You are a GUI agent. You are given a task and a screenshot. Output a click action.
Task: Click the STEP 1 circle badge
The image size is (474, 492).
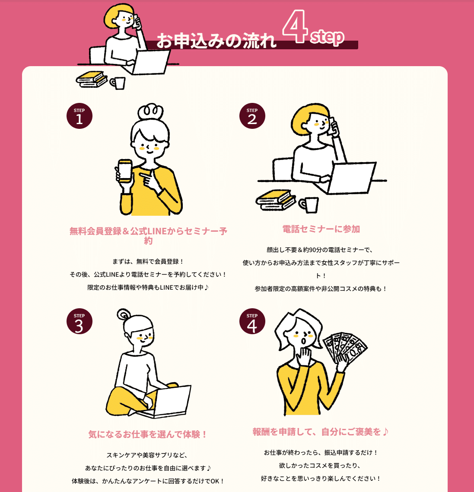coord(80,116)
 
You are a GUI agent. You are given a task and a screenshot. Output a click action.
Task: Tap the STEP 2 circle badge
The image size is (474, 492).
coord(252,116)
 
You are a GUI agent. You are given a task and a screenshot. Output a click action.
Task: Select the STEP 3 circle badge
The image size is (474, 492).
coord(80,321)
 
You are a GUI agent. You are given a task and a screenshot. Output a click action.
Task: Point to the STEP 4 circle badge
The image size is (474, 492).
coord(252,321)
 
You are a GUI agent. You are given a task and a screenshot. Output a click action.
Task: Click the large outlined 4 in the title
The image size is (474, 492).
coord(294,26)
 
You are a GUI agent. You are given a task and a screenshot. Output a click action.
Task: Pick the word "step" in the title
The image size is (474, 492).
coord(327,37)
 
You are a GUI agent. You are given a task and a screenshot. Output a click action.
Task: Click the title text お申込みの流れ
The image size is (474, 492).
coord(216,41)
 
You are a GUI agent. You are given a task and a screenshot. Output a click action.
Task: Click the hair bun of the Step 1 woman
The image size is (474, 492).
coord(150,112)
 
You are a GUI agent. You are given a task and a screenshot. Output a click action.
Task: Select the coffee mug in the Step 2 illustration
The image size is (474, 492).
coord(309,204)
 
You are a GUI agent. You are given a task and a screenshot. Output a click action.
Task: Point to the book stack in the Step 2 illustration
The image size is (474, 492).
coord(276,200)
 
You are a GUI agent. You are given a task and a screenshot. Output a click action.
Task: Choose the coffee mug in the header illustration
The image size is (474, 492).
coord(118,83)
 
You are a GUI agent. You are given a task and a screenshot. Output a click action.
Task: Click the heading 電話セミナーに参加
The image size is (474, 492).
coord(321,229)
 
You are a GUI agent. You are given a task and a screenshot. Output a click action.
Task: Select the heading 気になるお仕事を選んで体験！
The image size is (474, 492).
coord(148,434)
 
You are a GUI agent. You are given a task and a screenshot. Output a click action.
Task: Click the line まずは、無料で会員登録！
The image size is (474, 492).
coord(148,262)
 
